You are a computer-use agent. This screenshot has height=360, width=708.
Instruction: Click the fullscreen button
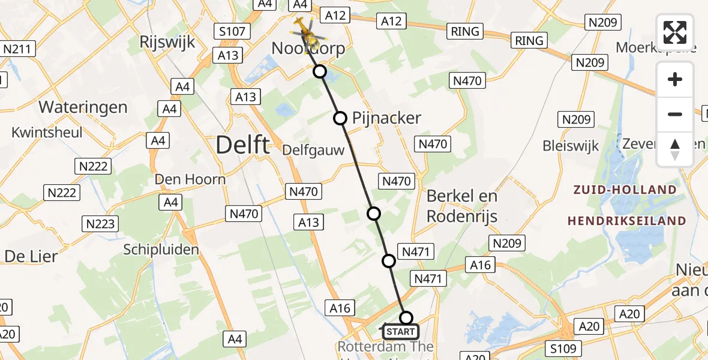tap(675, 32)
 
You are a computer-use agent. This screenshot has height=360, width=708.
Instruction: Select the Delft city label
tap(243, 145)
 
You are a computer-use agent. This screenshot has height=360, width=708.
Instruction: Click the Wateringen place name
tap(83, 107)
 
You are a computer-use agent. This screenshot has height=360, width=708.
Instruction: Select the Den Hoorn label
tap(190, 179)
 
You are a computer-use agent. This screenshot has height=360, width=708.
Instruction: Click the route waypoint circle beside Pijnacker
tap(340, 118)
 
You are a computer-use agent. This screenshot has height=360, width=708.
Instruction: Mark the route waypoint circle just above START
tap(406, 318)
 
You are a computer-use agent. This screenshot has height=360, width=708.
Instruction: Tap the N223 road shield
tap(100, 224)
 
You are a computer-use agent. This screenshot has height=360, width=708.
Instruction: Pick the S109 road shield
tap(562, 348)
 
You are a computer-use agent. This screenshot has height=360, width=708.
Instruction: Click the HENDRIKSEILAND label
tap(626, 221)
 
